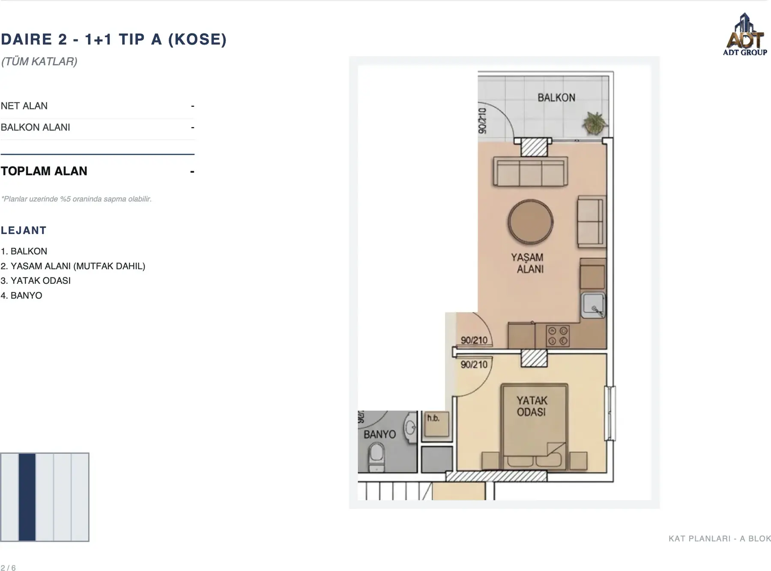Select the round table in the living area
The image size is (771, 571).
tap(531, 222)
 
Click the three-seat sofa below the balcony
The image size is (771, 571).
tap(531, 172)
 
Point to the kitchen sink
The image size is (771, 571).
tap(593, 305)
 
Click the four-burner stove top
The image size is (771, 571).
tap(558, 336)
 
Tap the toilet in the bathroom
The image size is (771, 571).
tap(377, 457)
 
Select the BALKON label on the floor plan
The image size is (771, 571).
tap(556, 98)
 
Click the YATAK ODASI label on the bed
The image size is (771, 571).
tap(532, 406)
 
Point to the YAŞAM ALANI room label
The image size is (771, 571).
tap(528, 263)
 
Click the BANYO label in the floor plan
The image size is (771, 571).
tap(380, 434)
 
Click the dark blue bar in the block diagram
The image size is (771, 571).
tap(27, 497)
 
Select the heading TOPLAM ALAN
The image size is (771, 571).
tap(44, 171)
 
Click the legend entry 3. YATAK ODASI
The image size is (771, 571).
tap(36, 281)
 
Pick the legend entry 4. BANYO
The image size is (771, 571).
tap(21, 295)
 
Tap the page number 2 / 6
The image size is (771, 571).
tap(8, 568)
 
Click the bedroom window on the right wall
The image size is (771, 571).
tap(610, 413)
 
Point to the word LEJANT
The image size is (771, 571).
tap(24, 230)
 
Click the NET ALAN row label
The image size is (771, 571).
tap(24, 106)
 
